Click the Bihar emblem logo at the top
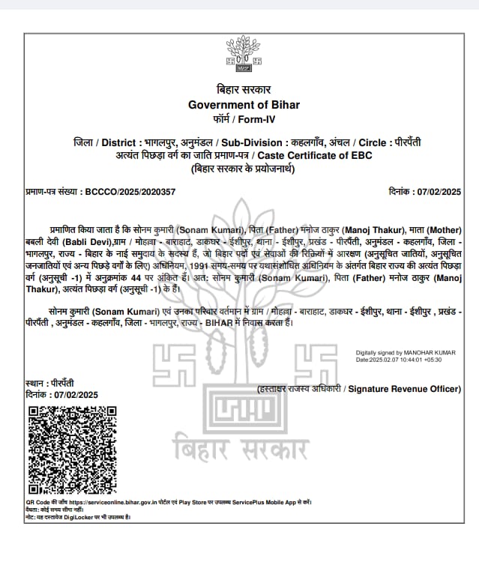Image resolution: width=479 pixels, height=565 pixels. [x=241, y=55]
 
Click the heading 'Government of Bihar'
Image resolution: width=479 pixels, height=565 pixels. [x=244, y=104]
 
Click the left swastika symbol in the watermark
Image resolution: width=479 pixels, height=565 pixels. [x=175, y=363]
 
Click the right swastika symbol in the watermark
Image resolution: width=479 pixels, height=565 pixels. [x=316, y=363]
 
